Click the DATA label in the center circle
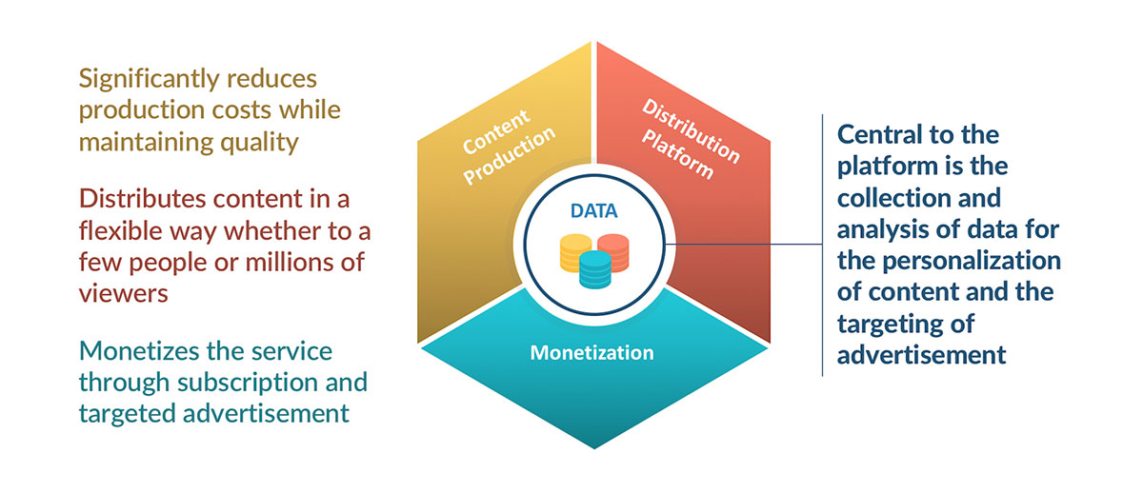coord(593,210)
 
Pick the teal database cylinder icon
coord(595,270)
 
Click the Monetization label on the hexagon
coord(592,353)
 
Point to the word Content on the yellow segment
coord(496,131)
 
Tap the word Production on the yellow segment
coord(510,154)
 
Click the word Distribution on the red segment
coord(691,131)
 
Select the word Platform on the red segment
coord(677,153)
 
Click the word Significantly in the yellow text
coord(150,80)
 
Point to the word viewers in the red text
coord(124,294)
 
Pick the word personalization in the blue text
coord(972,262)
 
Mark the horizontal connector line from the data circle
coord(744,245)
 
